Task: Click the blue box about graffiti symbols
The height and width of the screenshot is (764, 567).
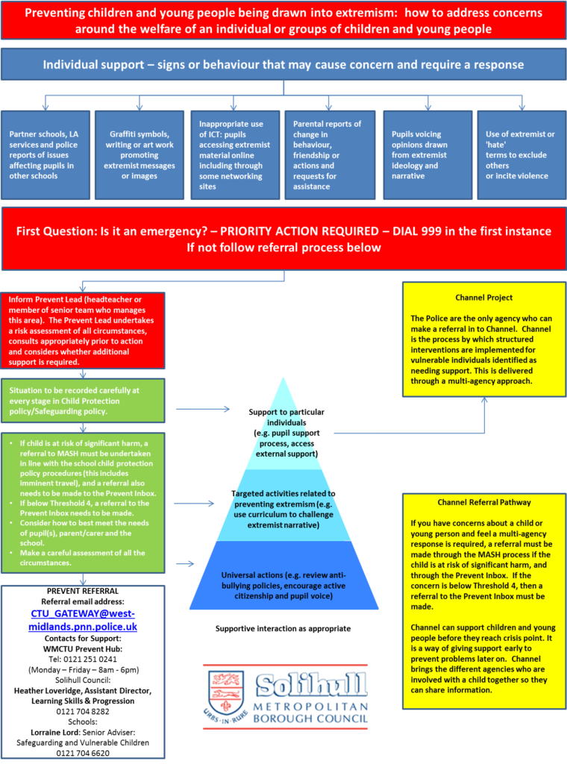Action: (x=139, y=155)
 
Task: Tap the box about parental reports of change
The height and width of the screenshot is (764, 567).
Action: (x=328, y=155)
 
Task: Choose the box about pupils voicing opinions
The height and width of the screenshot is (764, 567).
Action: (x=427, y=155)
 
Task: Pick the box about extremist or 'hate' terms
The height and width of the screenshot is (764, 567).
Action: (x=521, y=155)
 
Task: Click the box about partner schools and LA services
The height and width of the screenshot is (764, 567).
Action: (x=46, y=155)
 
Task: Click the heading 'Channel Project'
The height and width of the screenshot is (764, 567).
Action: (x=483, y=296)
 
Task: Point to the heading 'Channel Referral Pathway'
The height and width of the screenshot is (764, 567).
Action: (x=483, y=502)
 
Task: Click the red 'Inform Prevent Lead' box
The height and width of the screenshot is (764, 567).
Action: (x=83, y=330)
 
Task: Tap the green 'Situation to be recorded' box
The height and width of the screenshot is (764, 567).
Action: (x=83, y=401)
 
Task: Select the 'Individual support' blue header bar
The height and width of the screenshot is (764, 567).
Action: (x=283, y=65)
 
